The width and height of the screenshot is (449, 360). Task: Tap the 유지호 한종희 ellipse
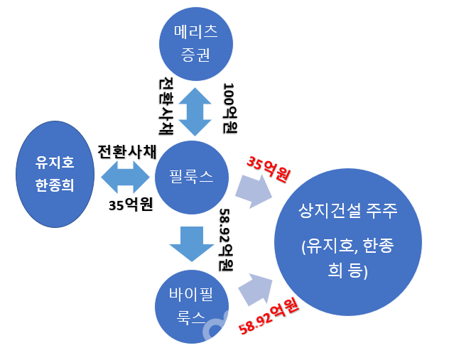pyautogui.click(x=55, y=175)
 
